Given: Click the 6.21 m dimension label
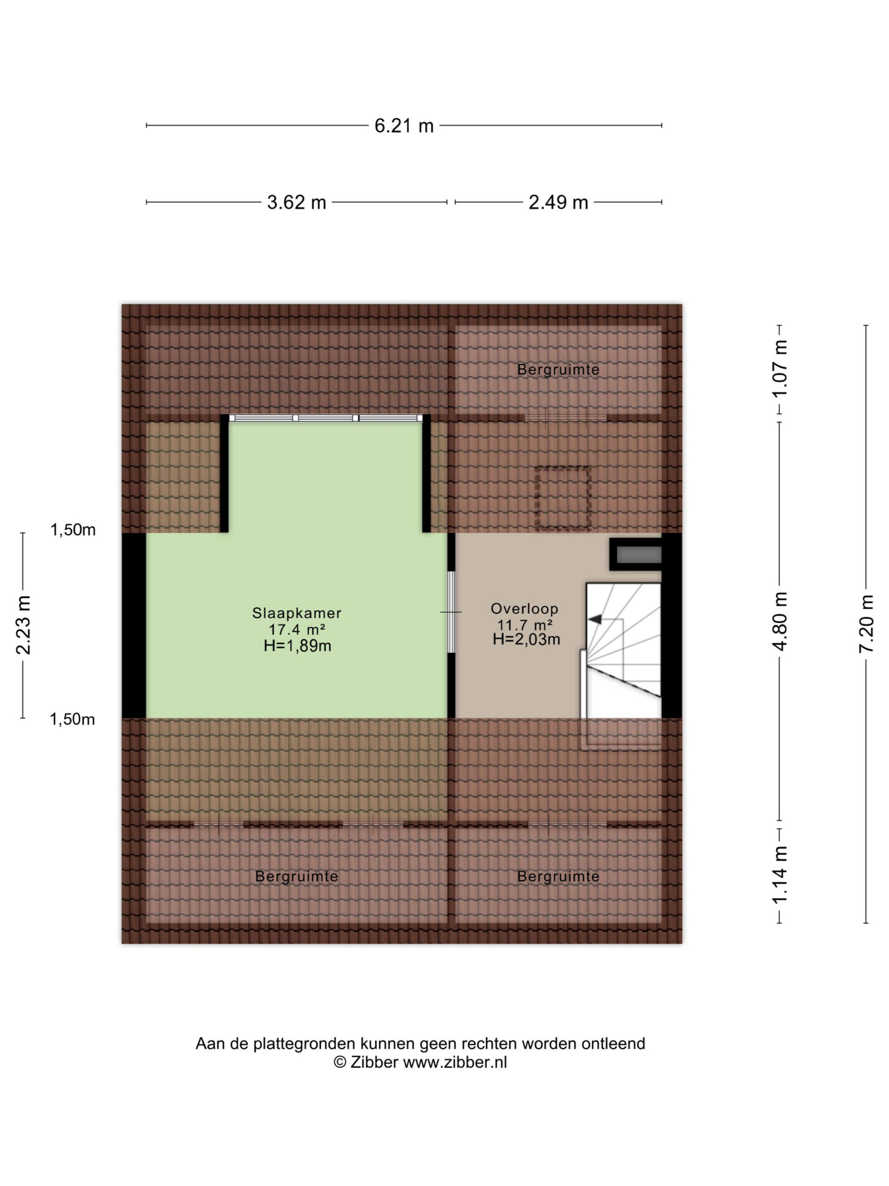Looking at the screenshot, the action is [403, 126].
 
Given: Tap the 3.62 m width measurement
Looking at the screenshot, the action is [296, 202].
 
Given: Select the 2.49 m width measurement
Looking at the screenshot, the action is [558, 202].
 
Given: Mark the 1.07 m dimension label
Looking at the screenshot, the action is [780, 368].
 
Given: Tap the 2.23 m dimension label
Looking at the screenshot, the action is [23, 625].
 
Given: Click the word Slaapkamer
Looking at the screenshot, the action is [296, 613].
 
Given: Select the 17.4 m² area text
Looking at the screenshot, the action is [296, 629].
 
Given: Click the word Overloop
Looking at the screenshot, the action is [524, 609].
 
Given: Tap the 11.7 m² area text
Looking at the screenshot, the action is [525, 625].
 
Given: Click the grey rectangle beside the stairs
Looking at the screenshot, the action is [639, 555].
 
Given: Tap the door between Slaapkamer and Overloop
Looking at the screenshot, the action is [451, 612].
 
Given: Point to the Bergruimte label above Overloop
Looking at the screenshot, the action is [558, 369].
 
